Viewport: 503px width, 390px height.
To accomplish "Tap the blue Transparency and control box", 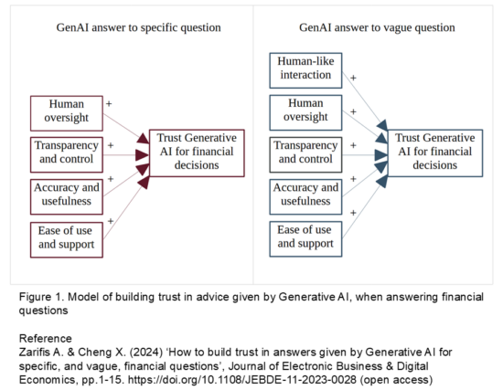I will (x=306, y=153).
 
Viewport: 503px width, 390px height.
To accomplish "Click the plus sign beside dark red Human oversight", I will (x=110, y=102).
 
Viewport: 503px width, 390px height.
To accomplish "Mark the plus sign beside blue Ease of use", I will (x=351, y=220).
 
